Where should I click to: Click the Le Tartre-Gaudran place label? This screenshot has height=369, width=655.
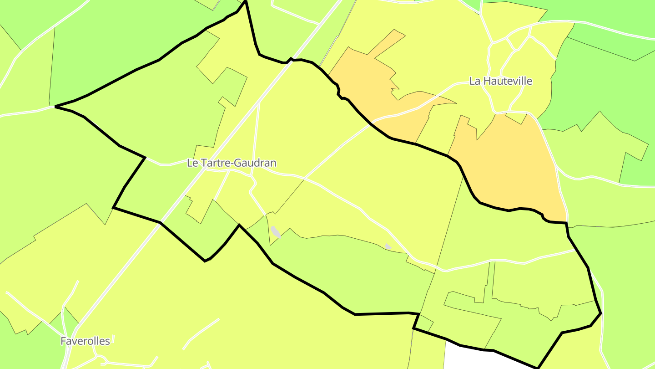point(232,163)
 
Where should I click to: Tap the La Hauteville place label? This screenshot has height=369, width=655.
point(500,81)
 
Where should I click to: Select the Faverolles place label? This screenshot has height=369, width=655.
point(86,341)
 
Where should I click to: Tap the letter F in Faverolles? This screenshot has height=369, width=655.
point(64,341)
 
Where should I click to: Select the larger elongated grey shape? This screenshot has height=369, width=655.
point(276,231)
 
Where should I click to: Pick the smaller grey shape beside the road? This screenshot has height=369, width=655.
point(388,246)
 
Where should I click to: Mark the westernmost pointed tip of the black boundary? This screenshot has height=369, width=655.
point(55,107)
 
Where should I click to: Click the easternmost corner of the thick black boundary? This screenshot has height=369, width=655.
point(601,313)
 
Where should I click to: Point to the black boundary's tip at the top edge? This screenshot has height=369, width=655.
point(245,1)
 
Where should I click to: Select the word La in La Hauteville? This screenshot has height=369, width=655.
point(474,81)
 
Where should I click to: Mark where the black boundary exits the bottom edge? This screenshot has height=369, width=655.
point(538,367)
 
